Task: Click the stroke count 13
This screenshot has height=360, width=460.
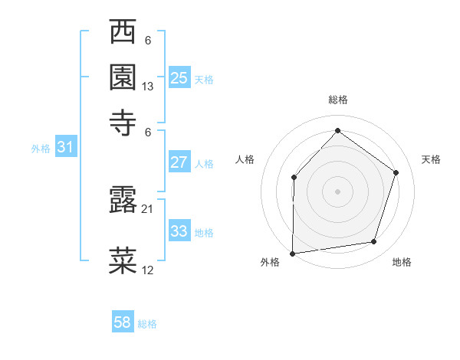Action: pyautogui.click(x=148, y=87)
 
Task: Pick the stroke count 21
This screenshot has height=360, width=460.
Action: pyautogui.click(x=148, y=208)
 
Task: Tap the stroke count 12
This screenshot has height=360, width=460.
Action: pyautogui.click(x=148, y=270)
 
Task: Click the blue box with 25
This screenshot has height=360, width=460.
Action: pyautogui.click(x=179, y=77)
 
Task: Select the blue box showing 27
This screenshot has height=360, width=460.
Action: pyautogui.click(x=179, y=162)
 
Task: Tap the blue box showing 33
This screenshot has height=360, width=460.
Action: pyautogui.click(x=179, y=231)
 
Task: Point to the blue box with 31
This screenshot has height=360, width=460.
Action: pyautogui.click(x=65, y=147)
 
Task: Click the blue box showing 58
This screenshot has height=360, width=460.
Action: pyautogui.click(x=123, y=323)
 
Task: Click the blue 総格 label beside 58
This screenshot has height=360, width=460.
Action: pyautogui.click(x=147, y=324)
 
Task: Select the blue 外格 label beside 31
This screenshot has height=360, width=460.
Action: pyautogui.click(x=41, y=149)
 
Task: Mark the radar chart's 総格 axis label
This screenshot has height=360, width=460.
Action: pyautogui.click(x=337, y=100)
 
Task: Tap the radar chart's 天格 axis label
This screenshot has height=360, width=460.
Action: pyautogui.click(x=431, y=159)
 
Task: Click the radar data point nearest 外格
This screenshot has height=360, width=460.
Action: pyautogui.click(x=292, y=253)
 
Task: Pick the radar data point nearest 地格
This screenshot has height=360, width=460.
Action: pyautogui.click(x=374, y=242)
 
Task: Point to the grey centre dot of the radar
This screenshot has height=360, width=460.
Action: pyautogui.click(x=337, y=191)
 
